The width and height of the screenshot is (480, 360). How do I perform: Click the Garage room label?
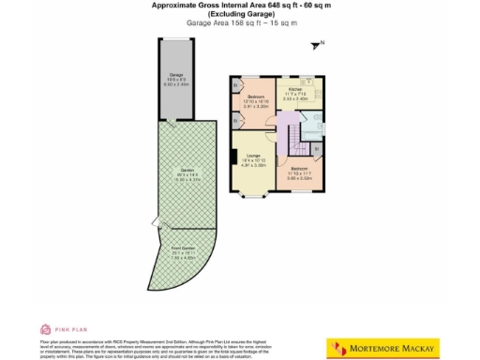point(175,74)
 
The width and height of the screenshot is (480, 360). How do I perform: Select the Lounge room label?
point(254,156)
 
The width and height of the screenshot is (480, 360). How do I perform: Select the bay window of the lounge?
point(253,195)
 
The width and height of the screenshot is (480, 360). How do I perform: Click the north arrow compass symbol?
point(319,43)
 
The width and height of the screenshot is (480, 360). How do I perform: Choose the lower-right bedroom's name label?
point(311,168)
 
